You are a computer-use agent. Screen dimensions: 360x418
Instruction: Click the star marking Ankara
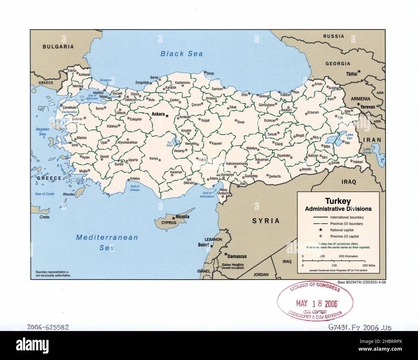point(167,115)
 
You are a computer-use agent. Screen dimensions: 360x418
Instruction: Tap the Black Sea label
point(182,54)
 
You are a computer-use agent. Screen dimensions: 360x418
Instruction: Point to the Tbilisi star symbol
point(359,71)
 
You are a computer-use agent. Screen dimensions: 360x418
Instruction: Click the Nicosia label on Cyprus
point(182,217)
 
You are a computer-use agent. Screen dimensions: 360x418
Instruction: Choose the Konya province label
point(154,158)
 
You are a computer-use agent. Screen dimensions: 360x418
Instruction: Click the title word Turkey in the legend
point(338,201)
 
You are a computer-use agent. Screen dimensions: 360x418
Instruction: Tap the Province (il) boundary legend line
point(320,224)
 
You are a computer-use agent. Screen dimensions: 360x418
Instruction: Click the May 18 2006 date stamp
point(316,303)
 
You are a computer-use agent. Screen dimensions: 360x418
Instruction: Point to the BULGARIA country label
point(58,47)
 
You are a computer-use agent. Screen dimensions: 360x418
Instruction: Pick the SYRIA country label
point(266,221)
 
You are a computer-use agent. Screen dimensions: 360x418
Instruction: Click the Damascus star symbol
point(226,254)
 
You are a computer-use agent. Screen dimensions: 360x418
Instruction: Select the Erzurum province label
point(313,113)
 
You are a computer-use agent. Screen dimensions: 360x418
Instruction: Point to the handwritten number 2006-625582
point(48,327)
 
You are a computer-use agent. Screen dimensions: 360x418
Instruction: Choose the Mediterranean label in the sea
point(107,238)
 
